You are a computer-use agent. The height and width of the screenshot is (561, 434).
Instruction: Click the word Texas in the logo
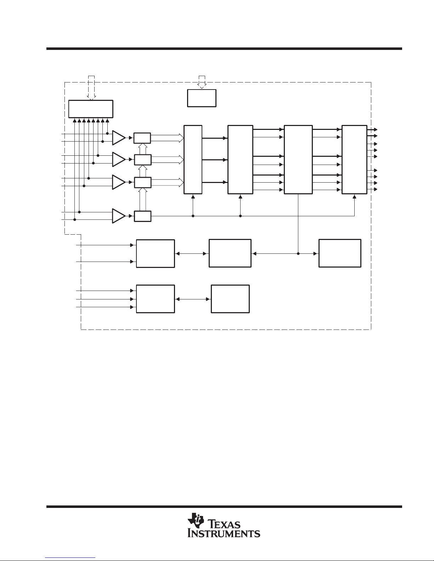point(224,524)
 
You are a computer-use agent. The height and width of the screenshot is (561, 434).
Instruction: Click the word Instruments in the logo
point(224,534)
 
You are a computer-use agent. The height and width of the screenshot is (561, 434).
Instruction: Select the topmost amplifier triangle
point(119,138)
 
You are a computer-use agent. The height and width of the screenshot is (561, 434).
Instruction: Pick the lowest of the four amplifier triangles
point(119,216)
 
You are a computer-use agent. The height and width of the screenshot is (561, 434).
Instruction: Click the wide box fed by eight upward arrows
point(91,109)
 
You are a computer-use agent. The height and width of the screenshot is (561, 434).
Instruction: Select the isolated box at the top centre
point(202,98)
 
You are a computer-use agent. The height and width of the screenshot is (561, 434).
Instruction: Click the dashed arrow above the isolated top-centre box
point(202,82)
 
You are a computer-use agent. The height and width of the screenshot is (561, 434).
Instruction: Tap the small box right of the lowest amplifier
point(142,216)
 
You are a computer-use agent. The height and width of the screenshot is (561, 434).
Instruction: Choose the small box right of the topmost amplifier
point(142,138)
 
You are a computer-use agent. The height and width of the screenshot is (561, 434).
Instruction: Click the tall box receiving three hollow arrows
point(193,160)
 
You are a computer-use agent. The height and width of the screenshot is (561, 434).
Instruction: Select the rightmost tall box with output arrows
point(354,160)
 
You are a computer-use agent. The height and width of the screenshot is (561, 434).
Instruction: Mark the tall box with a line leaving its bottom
point(298,160)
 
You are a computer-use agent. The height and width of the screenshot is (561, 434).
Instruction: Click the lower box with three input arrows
point(156,299)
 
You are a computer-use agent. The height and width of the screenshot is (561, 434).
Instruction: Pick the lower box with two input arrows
point(156,253)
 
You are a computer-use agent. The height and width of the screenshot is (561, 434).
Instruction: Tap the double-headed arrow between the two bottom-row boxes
point(193,299)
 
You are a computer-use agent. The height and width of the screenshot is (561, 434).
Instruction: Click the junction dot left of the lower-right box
point(298,254)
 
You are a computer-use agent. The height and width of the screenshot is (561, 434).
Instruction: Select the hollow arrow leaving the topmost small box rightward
point(167,138)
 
